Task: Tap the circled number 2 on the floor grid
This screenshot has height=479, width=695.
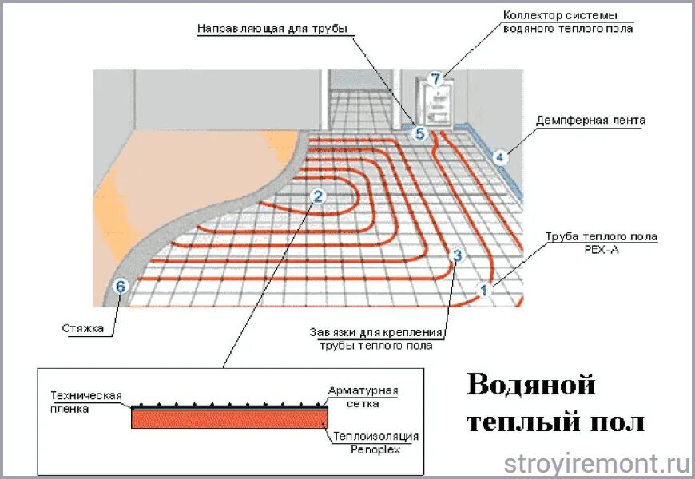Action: [318, 196]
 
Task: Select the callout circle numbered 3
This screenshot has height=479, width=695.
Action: [457, 256]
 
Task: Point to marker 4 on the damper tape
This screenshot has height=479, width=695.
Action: [500, 157]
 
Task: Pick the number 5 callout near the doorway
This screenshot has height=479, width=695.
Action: [420, 134]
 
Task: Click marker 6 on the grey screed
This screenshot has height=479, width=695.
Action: [121, 287]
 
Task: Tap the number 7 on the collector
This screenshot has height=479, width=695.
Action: [435, 79]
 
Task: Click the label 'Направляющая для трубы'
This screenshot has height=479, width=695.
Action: [272, 29]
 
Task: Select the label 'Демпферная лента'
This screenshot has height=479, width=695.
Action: [591, 121]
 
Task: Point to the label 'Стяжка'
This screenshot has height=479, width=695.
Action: [82, 327]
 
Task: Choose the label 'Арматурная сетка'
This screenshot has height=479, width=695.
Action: [363, 397]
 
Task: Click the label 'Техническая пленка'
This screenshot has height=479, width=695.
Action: [85, 402]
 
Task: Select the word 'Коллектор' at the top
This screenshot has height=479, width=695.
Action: [534, 15]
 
